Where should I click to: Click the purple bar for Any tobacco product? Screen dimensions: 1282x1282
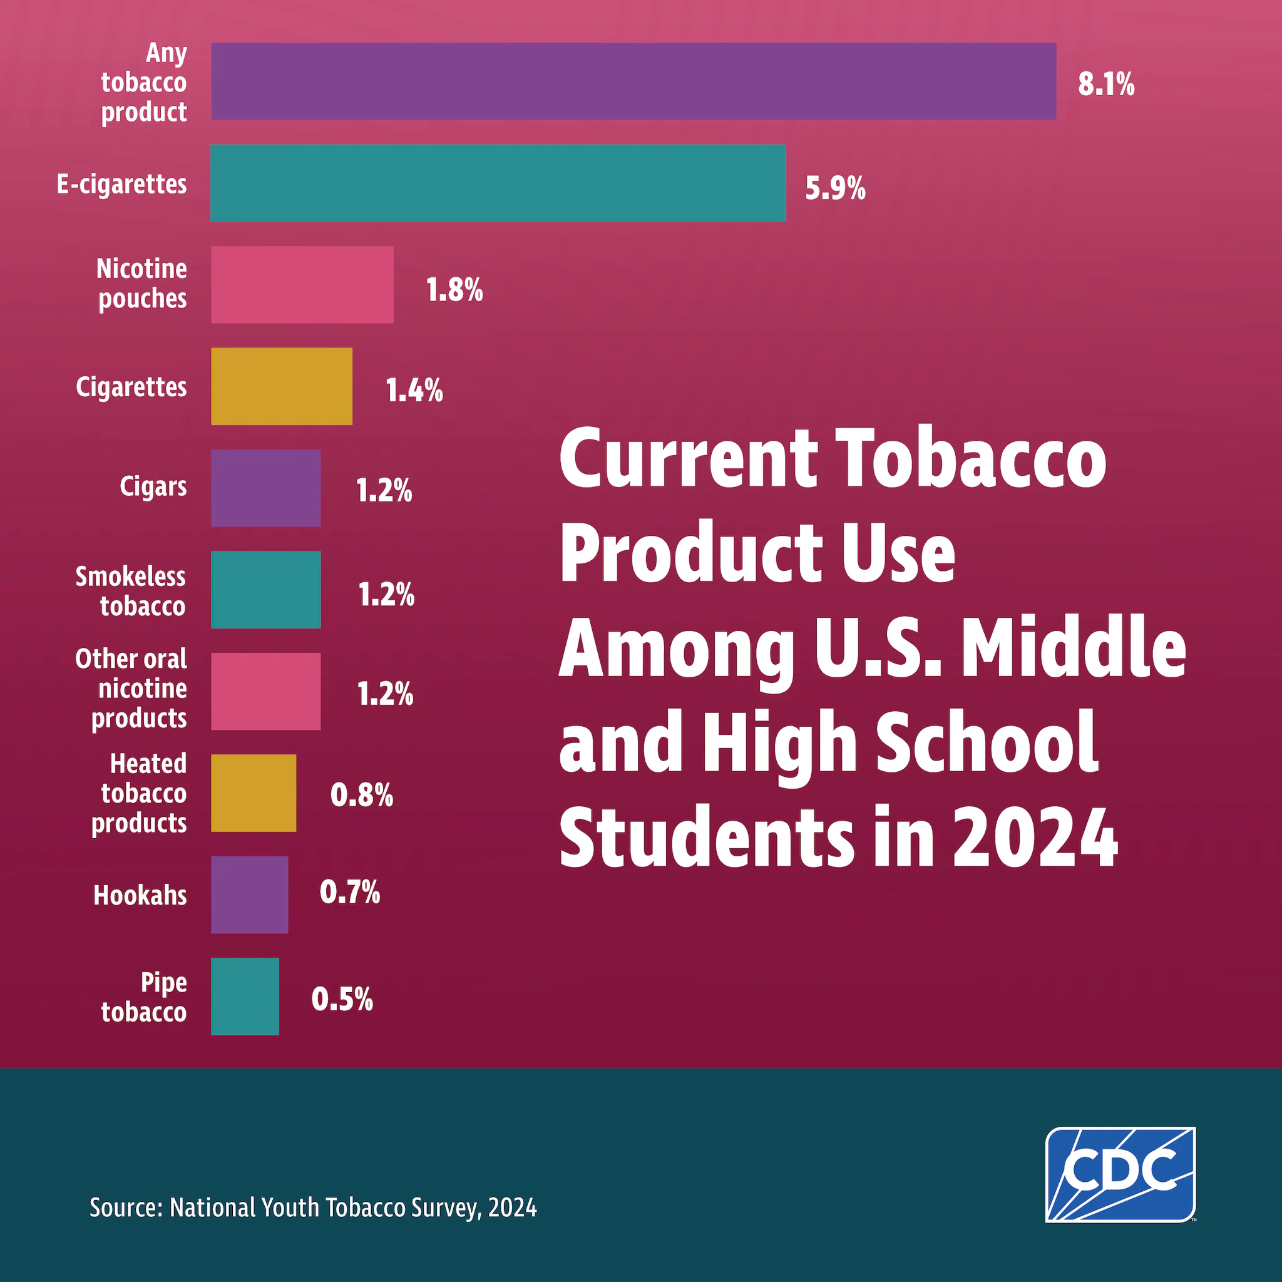(x=633, y=81)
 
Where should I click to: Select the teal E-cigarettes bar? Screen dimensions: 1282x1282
(x=498, y=183)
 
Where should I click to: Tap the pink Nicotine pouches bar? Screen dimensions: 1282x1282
(x=302, y=285)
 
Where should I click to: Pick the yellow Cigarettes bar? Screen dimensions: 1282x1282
(x=281, y=386)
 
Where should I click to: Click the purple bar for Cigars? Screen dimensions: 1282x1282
(x=265, y=488)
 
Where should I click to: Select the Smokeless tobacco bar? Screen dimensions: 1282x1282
(x=265, y=589)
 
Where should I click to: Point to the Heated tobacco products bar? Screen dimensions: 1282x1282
(x=254, y=792)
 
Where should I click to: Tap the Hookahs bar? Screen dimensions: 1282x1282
(x=250, y=895)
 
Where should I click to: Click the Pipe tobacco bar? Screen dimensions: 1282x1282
(x=245, y=996)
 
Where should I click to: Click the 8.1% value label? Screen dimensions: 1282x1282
(x=1105, y=85)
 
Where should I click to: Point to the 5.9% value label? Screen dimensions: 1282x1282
(x=835, y=189)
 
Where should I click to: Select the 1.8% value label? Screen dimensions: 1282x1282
(x=454, y=290)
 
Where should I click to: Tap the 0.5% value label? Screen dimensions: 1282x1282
(x=342, y=999)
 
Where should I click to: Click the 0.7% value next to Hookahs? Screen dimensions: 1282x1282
(x=350, y=893)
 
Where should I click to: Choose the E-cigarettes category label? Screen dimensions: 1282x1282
(x=121, y=185)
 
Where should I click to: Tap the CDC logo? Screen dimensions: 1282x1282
(x=1120, y=1174)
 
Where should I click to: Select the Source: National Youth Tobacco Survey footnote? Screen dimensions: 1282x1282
(x=312, y=1208)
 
